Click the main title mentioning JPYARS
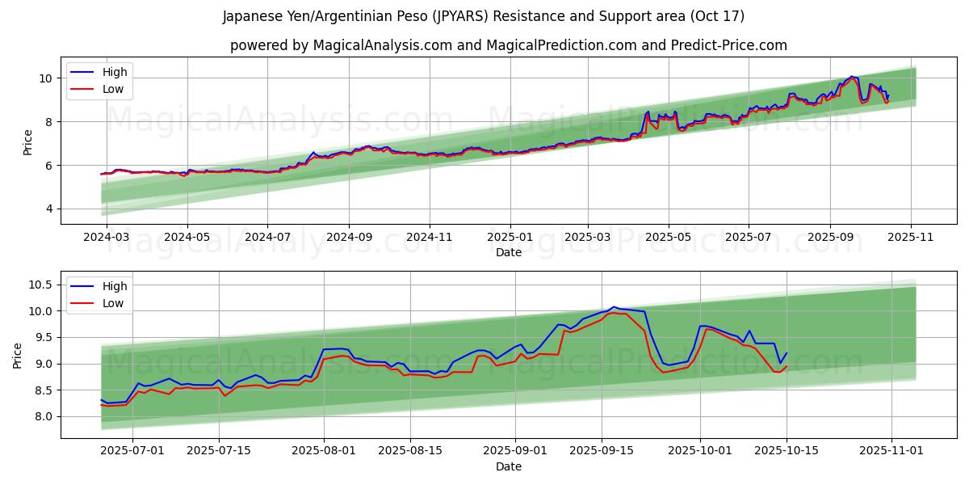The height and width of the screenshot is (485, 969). click(484, 16)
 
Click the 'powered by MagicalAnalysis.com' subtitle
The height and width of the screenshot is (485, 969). click(508, 45)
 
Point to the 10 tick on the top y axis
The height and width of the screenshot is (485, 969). click(47, 78)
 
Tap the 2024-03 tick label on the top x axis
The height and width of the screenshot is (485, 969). click(107, 238)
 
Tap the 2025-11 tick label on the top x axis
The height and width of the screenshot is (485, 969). click(911, 238)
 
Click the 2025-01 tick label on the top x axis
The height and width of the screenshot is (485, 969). click(510, 238)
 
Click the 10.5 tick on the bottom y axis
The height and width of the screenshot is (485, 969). click(42, 285)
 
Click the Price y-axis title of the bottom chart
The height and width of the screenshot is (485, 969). click(18, 355)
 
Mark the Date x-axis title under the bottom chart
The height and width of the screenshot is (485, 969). click(509, 466)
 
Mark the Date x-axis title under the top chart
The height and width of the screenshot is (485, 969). click(509, 252)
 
